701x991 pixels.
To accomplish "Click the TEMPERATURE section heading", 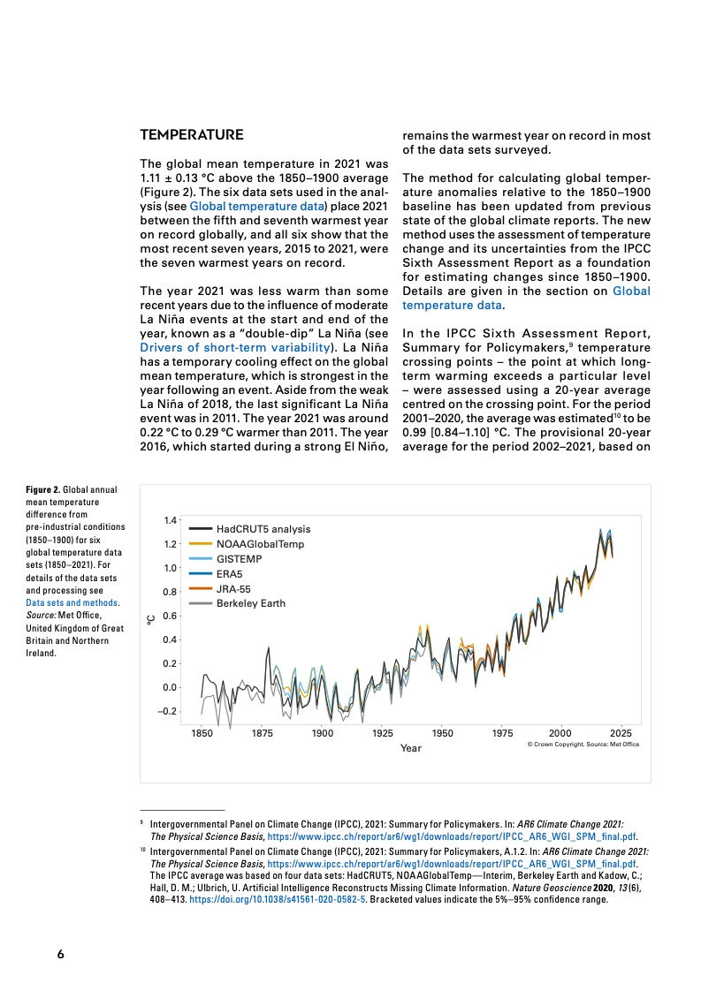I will (192, 136).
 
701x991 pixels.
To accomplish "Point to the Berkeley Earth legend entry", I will (250, 603).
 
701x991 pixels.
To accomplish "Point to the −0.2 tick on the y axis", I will (167, 711).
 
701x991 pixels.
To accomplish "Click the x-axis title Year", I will (410, 749).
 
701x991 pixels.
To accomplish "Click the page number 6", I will (60, 954).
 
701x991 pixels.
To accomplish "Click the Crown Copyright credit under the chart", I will (583, 745).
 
